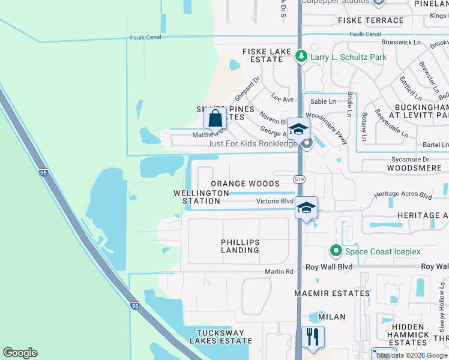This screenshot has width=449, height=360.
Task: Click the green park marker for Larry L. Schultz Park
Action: click(x=301, y=57)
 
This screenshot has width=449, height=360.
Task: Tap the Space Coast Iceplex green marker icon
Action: click(x=336, y=251)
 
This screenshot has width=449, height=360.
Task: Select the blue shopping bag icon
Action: click(x=215, y=118)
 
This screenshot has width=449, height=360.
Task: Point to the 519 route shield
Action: click(x=299, y=179)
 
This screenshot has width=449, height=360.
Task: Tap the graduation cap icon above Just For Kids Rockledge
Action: click(x=298, y=128)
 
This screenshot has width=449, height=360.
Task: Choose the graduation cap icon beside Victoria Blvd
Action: click(x=306, y=208)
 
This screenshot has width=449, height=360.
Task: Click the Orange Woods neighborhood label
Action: click(x=245, y=184)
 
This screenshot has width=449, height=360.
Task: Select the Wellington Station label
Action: click(x=201, y=197)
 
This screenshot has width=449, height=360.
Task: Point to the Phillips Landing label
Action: click(x=240, y=246)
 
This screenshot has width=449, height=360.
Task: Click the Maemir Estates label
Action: click(x=332, y=293)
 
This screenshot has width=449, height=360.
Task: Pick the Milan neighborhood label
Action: click(x=332, y=317)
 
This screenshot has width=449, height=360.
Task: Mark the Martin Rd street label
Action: click(x=280, y=272)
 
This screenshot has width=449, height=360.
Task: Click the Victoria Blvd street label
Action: click(x=274, y=202)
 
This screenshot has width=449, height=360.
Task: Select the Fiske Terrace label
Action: click(x=371, y=20)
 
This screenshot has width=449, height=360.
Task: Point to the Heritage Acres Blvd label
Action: click(x=403, y=196)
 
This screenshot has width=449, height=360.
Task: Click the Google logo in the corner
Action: click(x=20, y=353)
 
